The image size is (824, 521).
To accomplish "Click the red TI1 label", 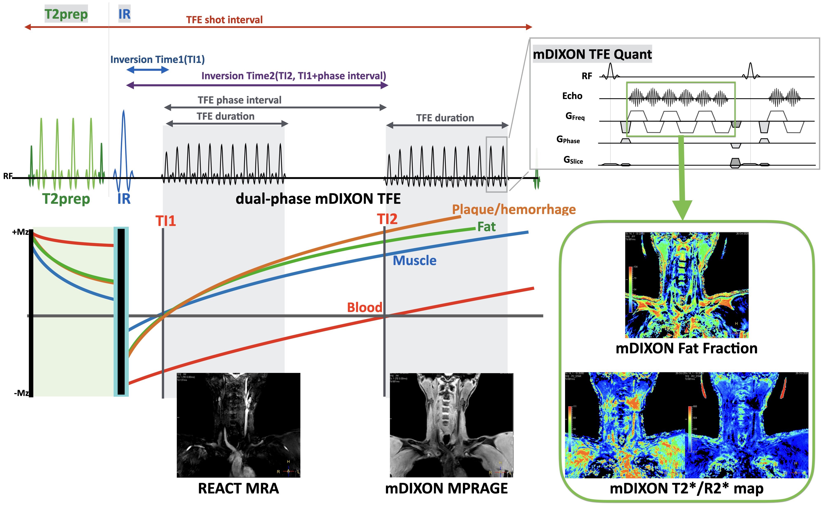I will (166, 221).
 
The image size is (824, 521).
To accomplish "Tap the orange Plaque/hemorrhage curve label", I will (514, 209).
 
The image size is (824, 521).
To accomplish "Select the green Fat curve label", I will (486, 227).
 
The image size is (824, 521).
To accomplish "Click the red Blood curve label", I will (364, 307).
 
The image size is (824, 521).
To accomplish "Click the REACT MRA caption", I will (239, 488).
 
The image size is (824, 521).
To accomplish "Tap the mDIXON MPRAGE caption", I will (446, 488).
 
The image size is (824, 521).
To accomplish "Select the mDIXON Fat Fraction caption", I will (686, 348).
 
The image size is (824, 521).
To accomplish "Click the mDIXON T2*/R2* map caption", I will (686, 488).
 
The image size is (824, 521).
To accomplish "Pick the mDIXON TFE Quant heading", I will (592, 54).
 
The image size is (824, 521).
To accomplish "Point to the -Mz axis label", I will (21, 393).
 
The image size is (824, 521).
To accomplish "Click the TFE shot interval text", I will (225, 20).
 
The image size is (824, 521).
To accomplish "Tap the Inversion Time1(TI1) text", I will (157, 60).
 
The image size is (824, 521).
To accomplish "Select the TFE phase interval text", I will (240, 100).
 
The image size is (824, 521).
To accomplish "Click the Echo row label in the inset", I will (572, 96).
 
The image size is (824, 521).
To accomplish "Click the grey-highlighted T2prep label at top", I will (66, 14).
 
